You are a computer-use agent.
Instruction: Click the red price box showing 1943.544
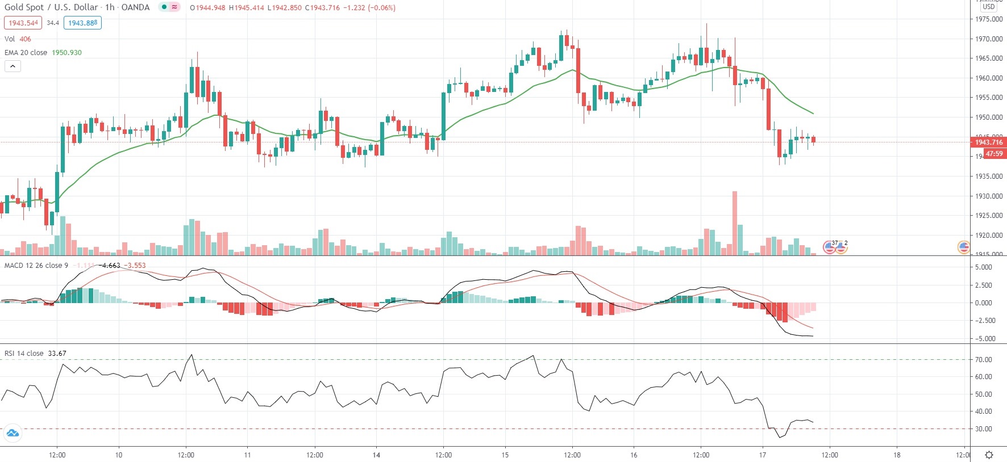23,23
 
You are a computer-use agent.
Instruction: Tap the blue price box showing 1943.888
82,23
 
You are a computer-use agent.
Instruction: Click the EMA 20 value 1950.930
66,53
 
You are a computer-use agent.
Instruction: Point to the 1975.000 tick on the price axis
989,19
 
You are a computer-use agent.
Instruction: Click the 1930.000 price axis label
989,196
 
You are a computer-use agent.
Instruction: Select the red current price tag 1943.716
989,142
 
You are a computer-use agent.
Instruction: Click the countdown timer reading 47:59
994,154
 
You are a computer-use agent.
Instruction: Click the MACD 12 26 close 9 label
36,266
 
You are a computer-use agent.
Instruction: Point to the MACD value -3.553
135,266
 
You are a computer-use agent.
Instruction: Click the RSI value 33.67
57,354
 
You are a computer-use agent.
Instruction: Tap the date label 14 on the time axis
376,455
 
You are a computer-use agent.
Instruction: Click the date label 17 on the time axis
763,455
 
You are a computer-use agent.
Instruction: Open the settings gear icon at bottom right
989,455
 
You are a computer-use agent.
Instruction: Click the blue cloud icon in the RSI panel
12,434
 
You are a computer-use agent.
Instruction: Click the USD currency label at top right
989,7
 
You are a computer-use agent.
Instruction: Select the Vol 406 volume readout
18,39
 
